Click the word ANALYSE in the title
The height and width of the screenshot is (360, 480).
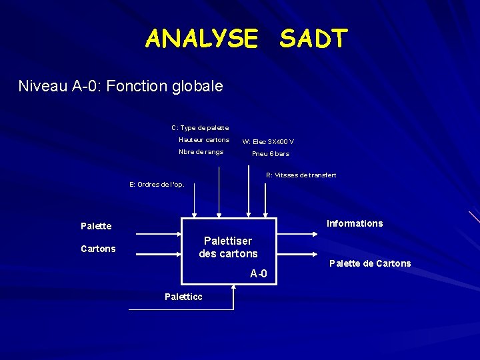tap(201, 39)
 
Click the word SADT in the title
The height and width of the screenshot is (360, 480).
tap(313, 39)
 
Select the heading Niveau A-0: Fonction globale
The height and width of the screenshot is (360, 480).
tap(121, 86)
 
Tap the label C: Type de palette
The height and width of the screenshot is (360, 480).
tap(200, 127)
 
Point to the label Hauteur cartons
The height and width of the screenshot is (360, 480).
tap(204, 140)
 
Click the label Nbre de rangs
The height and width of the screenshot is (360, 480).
tap(201, 152)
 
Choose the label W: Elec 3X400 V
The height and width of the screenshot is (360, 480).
tap(268, 141)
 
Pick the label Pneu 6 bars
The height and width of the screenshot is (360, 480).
tap(271, 154)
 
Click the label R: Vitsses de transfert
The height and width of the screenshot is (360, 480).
tap(301, 175)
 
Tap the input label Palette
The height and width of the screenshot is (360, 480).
tap(96, 226)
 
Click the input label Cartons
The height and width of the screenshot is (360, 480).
tap(98, 249)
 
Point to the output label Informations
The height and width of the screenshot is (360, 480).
tap(355, 223)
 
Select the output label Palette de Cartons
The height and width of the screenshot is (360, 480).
tap(370, 263)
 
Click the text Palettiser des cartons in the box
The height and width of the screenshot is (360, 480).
tap(228, 247)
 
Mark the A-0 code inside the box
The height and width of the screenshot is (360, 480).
tap(259, 273)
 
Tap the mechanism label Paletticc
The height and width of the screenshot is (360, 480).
tap(183, 297)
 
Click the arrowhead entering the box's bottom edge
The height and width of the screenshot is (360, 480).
tap(233, 287)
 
